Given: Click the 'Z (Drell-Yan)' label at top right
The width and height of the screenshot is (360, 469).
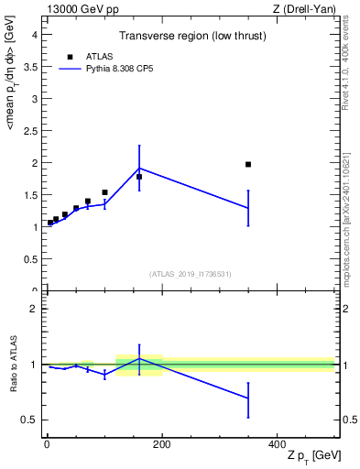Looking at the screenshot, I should (305, 8).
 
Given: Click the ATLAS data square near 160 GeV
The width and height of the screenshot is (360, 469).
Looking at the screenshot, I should (139, 177).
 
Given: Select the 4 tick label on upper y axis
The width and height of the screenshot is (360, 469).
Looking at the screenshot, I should (34, 34).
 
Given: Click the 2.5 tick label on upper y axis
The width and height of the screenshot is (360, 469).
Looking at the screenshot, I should (30, 130).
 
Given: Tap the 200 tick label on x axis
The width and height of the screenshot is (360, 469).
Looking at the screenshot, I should (161, 445).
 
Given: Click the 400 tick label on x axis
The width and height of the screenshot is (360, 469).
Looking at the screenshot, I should (277, 445).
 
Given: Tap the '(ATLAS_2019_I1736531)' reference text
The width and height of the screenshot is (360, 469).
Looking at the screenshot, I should (191, 274).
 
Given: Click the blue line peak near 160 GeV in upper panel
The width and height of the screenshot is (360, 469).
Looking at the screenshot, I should (139, 168).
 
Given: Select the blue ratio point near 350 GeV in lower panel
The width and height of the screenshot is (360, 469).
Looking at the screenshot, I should (248, 398).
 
